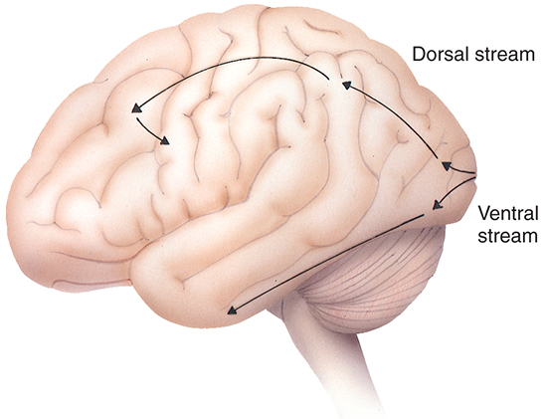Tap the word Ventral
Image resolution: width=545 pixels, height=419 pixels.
coord(508,213)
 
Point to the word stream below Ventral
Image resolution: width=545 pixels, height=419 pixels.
coord(508,236)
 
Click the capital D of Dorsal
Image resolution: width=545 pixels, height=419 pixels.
coord(419,55)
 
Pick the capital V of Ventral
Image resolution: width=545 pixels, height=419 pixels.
coord(484,213)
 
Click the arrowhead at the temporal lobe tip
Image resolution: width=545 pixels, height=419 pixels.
coord(232,311)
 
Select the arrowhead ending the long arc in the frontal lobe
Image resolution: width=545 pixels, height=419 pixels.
coord(137,107)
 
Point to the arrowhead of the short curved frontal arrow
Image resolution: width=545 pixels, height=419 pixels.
coord(165,140)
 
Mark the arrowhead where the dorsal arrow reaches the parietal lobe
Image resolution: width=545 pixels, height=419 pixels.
coord(346,85)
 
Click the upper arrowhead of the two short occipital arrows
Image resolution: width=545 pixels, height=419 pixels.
coord(447,165)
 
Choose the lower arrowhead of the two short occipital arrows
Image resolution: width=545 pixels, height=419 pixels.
coord(437,205)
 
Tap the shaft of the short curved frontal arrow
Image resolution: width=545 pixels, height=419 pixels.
coord(148,130)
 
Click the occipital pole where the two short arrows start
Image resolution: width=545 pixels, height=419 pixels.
coord(474,175)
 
